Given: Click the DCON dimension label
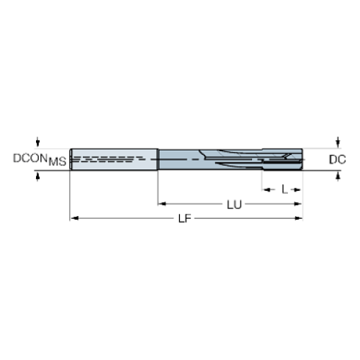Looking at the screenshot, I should [x=29, y=157].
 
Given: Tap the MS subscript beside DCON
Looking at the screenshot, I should [x=58, y=162].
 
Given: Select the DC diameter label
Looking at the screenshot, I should [x=337, y=158].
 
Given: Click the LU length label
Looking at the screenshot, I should [x=234, y=204].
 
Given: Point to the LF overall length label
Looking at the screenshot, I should [x=187, y=219].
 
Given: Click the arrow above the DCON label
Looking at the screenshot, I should [x=37, y=141].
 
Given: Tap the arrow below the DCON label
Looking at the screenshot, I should [x=37, y=176].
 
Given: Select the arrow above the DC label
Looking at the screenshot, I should [x=338, y=140].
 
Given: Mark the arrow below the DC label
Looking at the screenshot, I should [x=338, y=176].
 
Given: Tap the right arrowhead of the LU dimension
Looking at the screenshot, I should [x=298, y=204].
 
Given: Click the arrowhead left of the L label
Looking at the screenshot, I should [x=266, y=189].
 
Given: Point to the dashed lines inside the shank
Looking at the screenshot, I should [x=110, y=158].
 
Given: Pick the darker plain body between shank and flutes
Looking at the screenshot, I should [x=180, y=159].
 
